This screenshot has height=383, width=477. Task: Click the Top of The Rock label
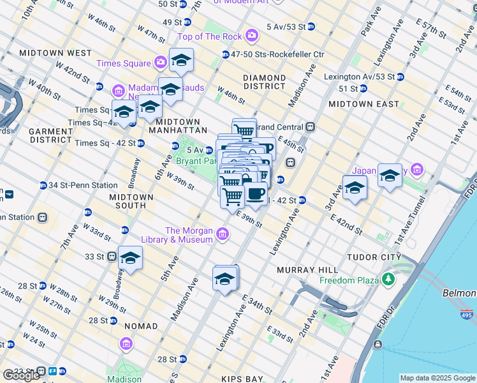(211, 36)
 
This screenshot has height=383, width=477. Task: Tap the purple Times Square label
(124, 63)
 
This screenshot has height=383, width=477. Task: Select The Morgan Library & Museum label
(189, 235)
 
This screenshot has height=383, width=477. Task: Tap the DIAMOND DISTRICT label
(264, 82)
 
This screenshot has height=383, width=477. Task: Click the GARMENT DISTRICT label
(51, 135)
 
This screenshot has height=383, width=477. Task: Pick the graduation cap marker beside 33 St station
(130, 258)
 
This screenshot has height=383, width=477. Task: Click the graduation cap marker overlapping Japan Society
(390, 174)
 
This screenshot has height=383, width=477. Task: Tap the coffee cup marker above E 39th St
(256, 194)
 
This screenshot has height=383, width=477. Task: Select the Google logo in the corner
(22, 375)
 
